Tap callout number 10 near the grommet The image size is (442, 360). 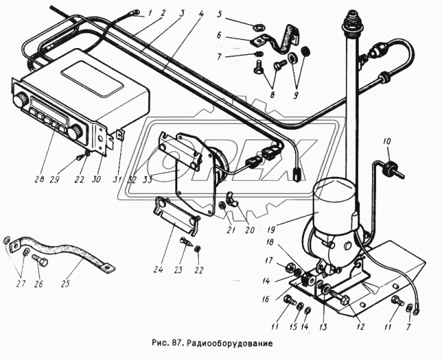[x=387, y=141]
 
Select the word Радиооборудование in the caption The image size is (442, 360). [x=231, y=344]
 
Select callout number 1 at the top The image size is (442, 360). [x=151, y=11]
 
